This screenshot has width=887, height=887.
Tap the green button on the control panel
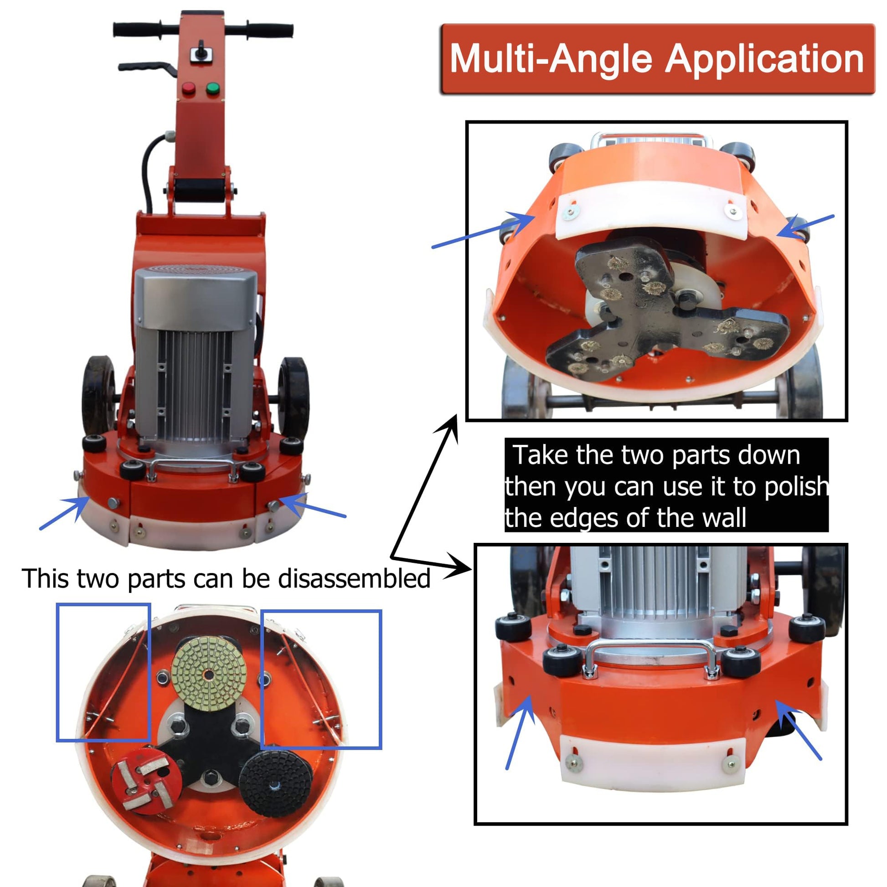(x=212, y=88)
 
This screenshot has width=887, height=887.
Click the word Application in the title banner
(x=764, y=60)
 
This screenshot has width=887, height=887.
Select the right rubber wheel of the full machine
(x=294, y=397)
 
